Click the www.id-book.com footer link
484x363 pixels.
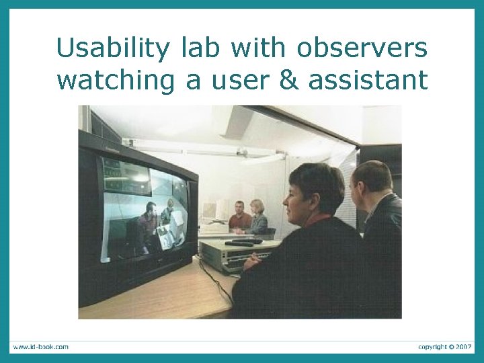40,347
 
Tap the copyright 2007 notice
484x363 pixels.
444,347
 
